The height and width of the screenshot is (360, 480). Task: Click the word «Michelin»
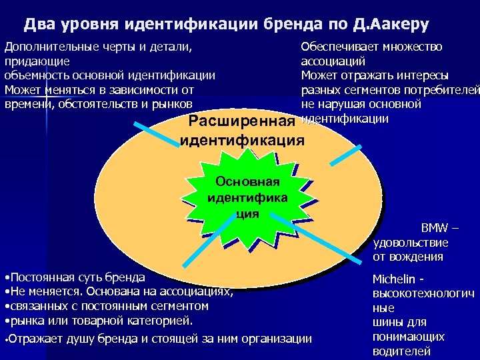point(393,279)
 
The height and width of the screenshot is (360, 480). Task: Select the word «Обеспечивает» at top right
point(340,47)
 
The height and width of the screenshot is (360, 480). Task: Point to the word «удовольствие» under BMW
point(411,243)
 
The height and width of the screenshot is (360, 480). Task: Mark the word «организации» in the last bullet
point(273,338)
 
